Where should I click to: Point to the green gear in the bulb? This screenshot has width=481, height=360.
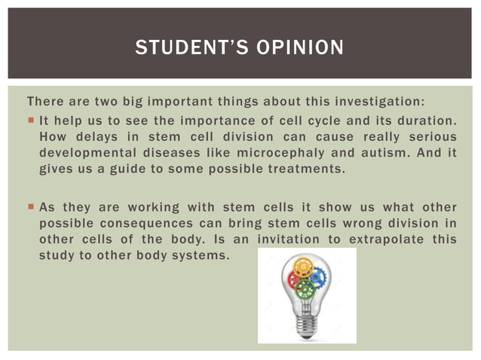305,288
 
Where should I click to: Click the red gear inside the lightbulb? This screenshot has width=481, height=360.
293,278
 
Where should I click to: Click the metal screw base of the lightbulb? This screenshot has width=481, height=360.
306,325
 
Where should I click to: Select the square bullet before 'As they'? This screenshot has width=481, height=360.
30,206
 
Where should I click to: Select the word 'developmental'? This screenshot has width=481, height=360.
81,154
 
